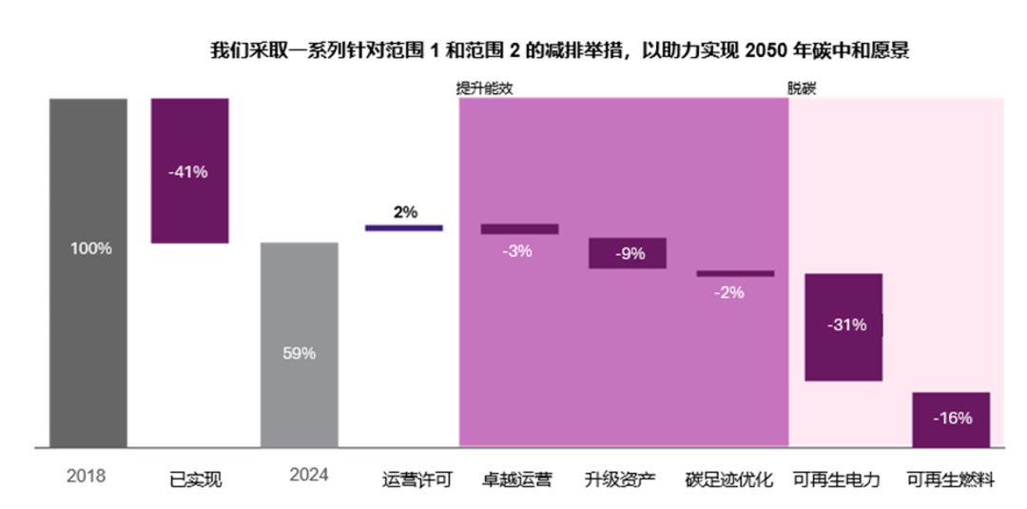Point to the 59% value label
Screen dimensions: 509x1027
tap(299, 353)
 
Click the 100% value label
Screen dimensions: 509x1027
tap(90, 248)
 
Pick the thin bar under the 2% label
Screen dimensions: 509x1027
tap(404, 227)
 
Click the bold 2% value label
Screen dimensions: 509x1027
tap(405, 212)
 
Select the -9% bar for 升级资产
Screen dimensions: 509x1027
tap(627, 253)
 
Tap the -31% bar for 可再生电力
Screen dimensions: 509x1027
tap(843, 327)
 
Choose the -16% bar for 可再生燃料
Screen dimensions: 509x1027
tap(951, 419)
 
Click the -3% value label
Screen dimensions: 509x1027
tap(518, 251)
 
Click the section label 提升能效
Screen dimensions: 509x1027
tap(485, 88)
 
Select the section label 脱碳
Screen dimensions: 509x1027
tap(802, 88)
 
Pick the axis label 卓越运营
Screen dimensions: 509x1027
tap(517, 480)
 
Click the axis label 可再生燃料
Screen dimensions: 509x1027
tap(950, 480)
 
